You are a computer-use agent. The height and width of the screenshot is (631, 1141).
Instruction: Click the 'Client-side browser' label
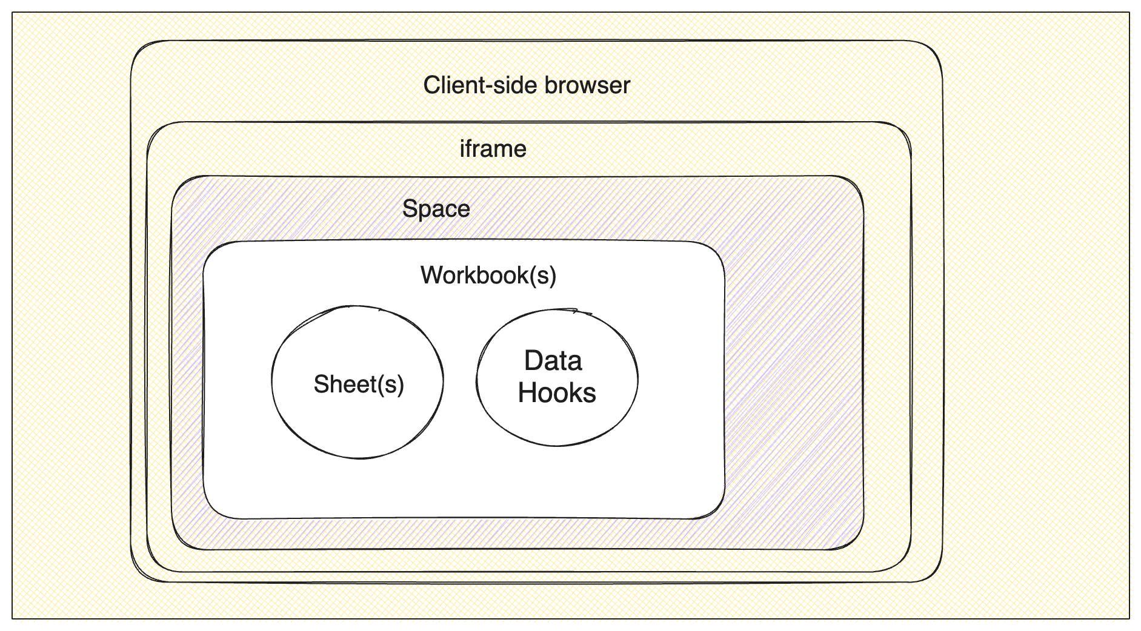(527, 85)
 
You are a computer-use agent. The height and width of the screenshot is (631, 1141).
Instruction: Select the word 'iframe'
(493, 149)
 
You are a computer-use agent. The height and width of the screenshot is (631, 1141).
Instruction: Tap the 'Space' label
(436, 209)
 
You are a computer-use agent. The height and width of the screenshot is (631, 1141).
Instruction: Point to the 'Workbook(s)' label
(488, 276)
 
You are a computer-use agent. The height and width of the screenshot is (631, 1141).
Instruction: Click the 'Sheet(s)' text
(359, 385)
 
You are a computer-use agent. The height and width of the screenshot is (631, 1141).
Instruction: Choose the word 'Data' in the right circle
(553, 361)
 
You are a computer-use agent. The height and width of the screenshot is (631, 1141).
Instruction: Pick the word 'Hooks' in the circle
(557, 393)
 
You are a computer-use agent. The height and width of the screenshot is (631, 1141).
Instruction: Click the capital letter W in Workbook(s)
(431, 276)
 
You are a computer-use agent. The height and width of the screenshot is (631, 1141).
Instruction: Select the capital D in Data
(533, 361)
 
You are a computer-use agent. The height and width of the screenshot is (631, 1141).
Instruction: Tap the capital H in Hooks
(528, 393)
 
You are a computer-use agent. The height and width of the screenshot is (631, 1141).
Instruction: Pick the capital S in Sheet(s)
(321, 385)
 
